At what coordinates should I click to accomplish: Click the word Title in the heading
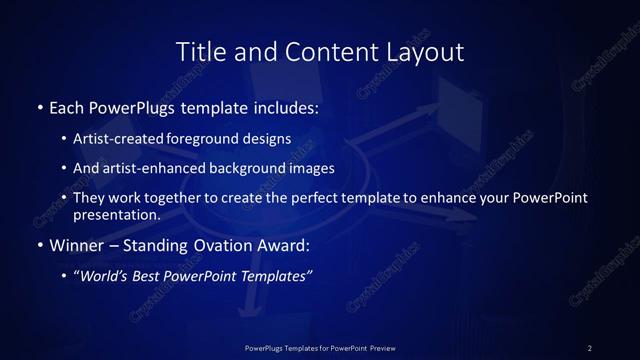[197, 51]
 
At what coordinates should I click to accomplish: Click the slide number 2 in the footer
[589, 347]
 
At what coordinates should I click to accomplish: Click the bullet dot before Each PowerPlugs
[39, 105]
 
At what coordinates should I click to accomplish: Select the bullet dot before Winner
[39, 244]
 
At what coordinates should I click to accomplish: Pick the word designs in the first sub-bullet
[268, 137]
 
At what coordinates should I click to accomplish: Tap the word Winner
[74, 244]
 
